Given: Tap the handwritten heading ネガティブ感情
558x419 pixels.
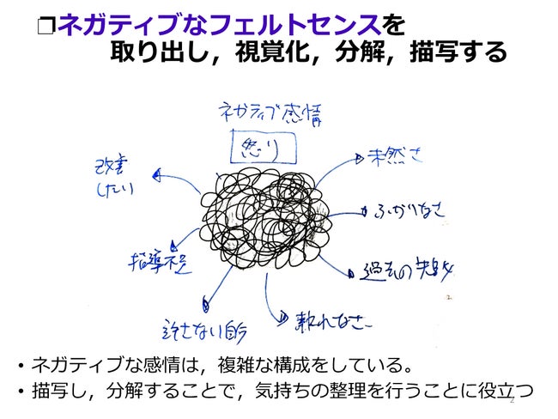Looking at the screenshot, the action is [269, 112].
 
